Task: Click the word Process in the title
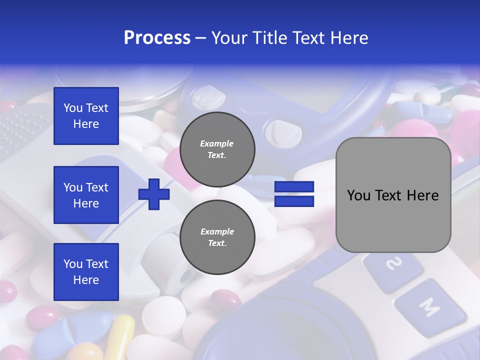[157, 38]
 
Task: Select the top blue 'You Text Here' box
[86, 116]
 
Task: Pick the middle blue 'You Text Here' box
[86, 195]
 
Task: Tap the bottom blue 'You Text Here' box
[86, 272]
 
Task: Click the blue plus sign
[154, 194]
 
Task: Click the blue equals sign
[294, 194]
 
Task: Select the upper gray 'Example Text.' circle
[217, 149]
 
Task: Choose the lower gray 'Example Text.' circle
[217, 237]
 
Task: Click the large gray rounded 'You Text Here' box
[393, 195]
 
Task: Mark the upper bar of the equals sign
[294, 187]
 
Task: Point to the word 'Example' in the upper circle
[217, 143]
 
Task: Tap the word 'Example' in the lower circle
[217, 231]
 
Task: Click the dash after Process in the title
[200, 38]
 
